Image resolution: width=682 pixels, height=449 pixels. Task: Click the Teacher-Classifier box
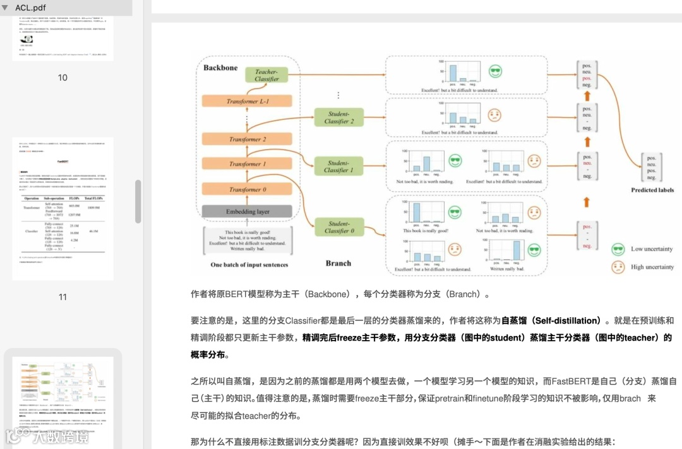(x=266, y=75)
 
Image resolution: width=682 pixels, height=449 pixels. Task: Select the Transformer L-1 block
(x=248, y=101)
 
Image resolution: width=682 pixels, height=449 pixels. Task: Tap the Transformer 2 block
(x=248, y=139)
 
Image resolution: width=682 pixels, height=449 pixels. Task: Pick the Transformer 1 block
(x=248, y=164)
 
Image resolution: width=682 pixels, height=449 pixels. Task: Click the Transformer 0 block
(x=248, y=189)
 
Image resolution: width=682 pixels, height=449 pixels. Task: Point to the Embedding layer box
(x=248, y=212)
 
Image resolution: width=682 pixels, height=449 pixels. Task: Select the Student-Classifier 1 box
(x=338, y=166)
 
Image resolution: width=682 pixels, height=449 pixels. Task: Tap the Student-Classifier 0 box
(x=338, y=227)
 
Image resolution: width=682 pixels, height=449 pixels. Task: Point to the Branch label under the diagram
(x=338, y=263)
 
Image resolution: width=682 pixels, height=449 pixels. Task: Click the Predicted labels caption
(x=652, y=190)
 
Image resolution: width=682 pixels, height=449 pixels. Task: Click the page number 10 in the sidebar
(x=63, y=78)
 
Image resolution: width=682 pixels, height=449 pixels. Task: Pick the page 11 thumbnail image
(x=63, y=209)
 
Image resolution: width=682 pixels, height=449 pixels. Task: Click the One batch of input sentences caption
(x=249, y=265)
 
